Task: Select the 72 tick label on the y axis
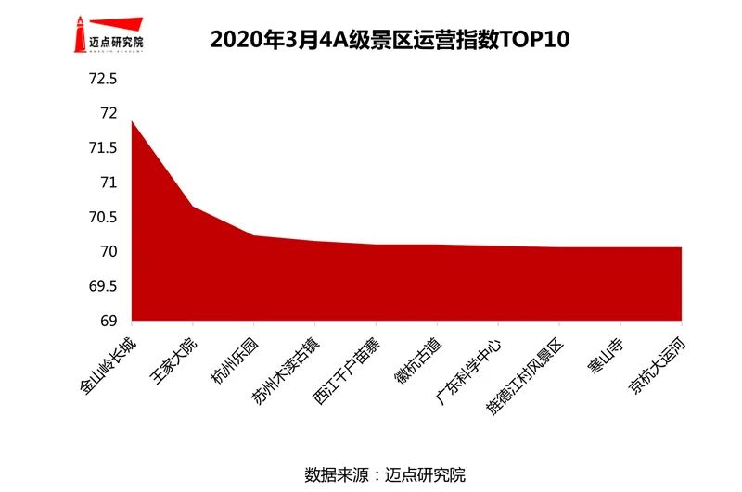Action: click(108, 113)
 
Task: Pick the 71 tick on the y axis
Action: click(108, 183)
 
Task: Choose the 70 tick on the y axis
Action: click(108, 252)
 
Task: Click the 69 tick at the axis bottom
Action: click(108, 322)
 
